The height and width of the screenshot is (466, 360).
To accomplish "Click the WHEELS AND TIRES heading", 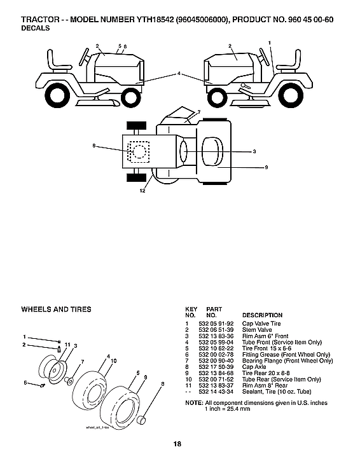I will coord(57,310).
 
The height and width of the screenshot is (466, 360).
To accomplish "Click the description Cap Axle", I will coord(254,367).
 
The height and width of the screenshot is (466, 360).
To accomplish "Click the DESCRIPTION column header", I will coord(263,315).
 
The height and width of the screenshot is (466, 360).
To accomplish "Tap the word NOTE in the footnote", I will coord(193,403).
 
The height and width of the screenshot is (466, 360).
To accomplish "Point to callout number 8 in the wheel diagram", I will coord(163,384).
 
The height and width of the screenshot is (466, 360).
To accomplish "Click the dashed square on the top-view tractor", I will coord(139,151).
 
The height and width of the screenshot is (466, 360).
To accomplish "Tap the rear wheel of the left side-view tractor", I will coord(55,95).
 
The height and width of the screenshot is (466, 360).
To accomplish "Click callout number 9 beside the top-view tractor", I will coord(267,167).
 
